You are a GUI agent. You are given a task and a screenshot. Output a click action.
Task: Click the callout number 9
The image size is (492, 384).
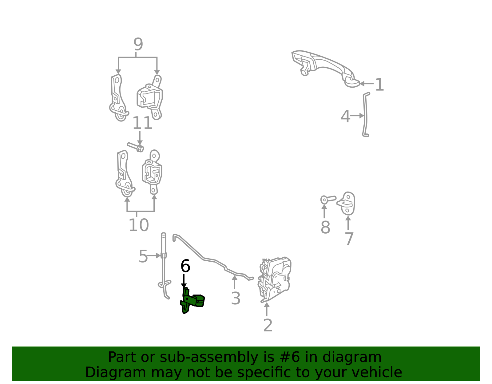(138, 44)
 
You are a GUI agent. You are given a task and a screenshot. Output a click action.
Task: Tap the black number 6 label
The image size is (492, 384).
(185, 266)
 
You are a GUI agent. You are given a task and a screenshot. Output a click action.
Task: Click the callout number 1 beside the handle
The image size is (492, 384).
(379, 85)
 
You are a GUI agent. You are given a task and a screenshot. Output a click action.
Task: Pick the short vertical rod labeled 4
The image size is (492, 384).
(365, 115)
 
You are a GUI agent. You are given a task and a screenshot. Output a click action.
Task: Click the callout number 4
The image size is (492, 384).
(346, 116)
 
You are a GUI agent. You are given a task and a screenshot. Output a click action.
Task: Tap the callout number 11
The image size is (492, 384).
(142, 123)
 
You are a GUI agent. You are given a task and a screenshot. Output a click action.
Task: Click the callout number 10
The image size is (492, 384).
(139, 225)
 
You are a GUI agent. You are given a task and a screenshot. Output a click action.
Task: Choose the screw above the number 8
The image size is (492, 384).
(328, 199)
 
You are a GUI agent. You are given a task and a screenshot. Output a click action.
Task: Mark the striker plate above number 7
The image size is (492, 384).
(346, 204)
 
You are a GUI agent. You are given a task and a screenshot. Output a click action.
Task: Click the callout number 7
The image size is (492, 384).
(349, 239)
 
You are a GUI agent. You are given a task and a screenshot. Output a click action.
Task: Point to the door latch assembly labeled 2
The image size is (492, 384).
(274, 280)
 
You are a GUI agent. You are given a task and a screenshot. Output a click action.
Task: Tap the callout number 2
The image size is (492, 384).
(268, 325)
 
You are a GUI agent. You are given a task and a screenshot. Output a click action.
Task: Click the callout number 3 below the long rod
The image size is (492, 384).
(236, 298)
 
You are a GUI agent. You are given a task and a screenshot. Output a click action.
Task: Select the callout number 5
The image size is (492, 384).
(143, 256)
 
